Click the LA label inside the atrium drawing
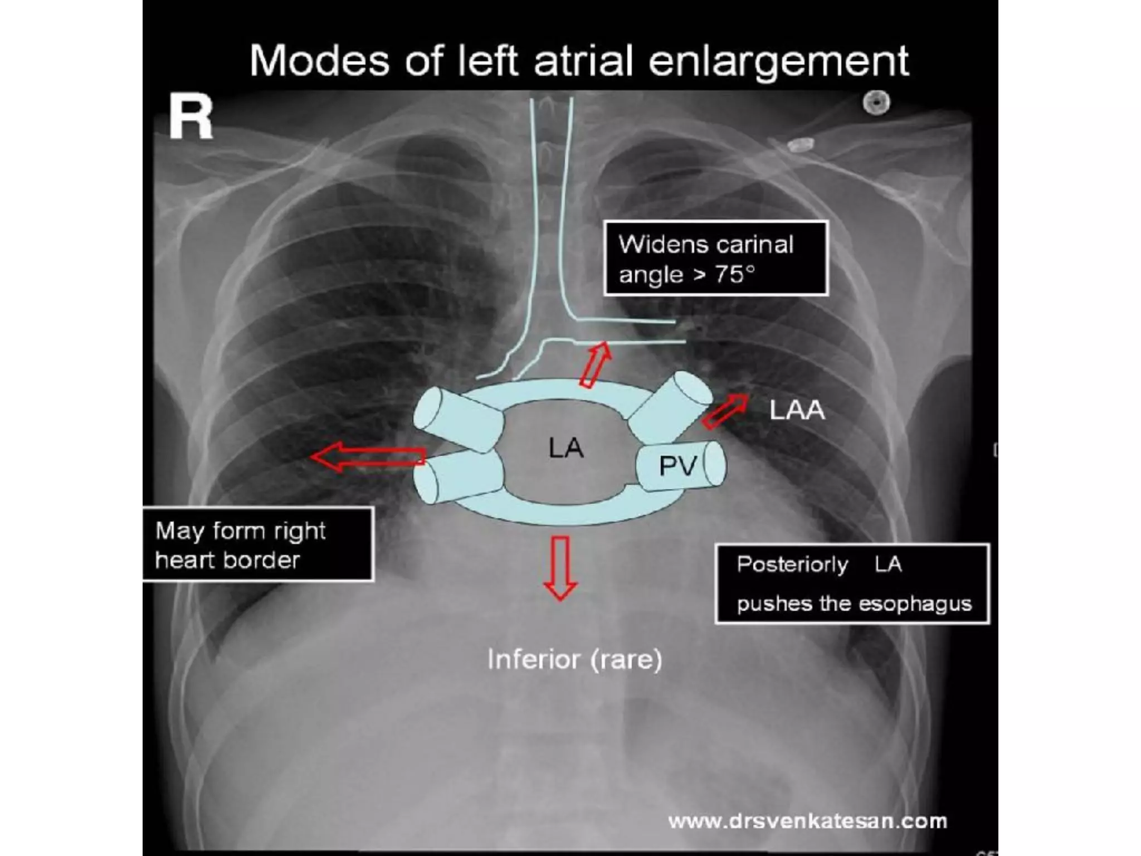(565, 448)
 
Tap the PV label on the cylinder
(677, 466)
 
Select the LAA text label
(797, 411)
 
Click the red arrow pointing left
(368, 456)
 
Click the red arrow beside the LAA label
(725, 411)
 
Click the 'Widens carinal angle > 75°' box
(716, 259)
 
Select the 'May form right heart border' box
(257, 544)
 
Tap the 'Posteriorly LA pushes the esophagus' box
(852, 583)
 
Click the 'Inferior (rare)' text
(574, 660)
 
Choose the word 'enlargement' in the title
(778, 61)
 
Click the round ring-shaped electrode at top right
(876, 103)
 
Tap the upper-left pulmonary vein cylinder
(458, 419)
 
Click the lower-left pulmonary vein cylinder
(458, 477)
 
